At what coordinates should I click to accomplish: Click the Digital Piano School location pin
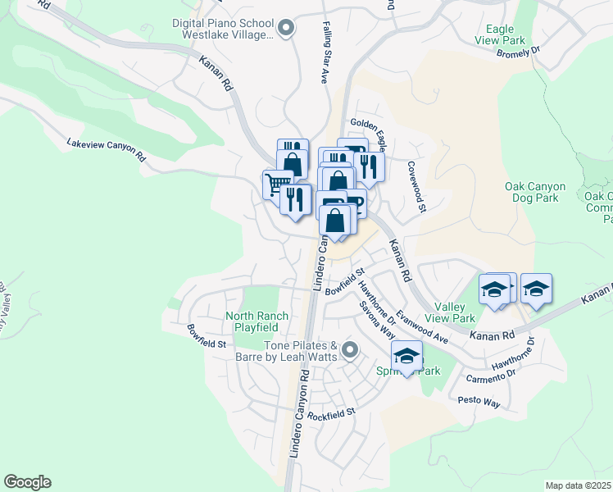285,29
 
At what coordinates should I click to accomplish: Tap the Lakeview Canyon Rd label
106,149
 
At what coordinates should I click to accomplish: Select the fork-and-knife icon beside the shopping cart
295,198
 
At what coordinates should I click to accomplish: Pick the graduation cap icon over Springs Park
406,355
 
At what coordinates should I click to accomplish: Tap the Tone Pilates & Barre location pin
350,351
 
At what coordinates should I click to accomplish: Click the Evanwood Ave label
421,326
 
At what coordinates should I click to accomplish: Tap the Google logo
27,482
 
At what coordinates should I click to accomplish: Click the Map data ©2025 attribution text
577,485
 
